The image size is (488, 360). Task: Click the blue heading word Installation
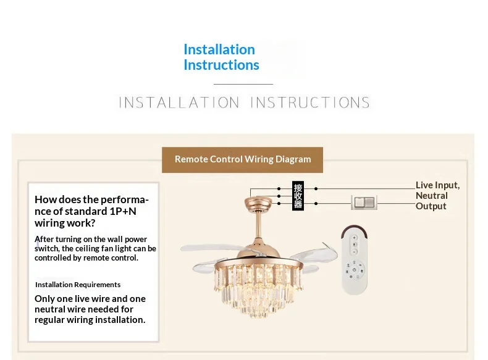tap(219, 49)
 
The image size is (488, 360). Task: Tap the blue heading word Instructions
tap(221, 65)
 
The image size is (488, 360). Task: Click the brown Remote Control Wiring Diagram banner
tap(242, 159)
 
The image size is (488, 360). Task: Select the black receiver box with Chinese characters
tap(298, 196)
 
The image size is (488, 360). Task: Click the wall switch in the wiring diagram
tap(364, 203)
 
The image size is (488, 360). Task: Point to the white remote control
tap(355, 259)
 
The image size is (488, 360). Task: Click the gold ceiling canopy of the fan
tap(258, 203)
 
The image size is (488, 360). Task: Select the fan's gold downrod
tap(258, 225)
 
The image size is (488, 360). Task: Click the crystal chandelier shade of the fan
tap(258, 288)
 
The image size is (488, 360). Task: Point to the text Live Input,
tap(437, 185)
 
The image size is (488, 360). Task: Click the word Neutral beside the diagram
tap(432, 196)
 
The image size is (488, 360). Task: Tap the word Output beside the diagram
tap(431, 206)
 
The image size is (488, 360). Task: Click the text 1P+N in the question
tap(124, 211)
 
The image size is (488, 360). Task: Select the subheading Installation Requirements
tap(78, 285)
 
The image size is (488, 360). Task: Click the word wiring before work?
tap(49, 223)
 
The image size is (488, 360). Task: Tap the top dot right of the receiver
tap(316, 188)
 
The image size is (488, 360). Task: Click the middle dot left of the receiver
tap(279, 196)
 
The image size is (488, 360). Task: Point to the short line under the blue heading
tap(243, 84)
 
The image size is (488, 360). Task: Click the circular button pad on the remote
tap(355, 269)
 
